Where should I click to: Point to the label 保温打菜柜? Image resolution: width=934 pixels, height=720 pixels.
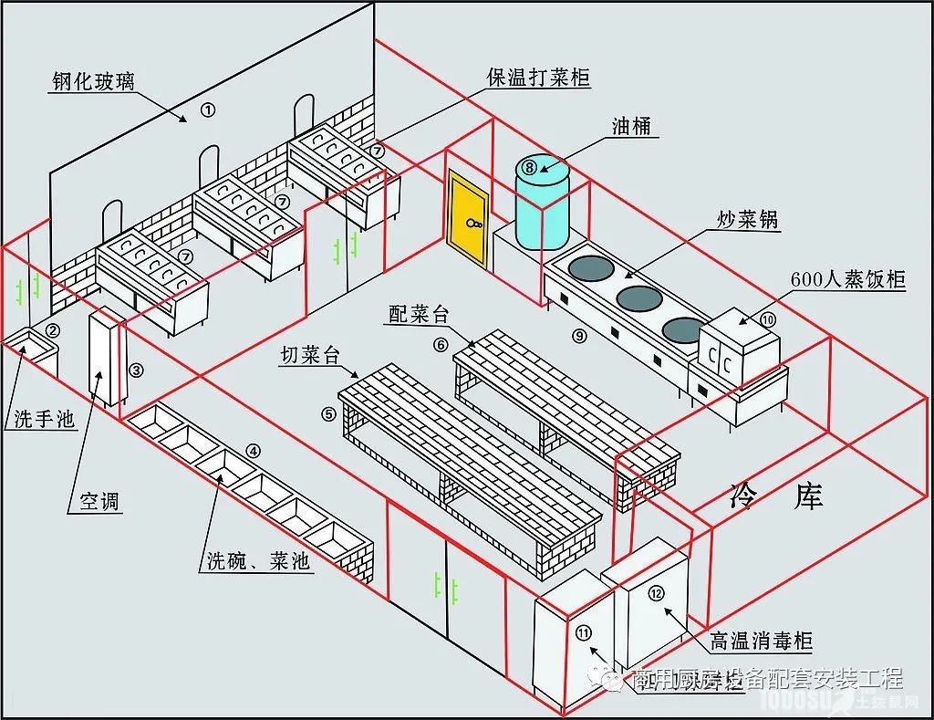point(538,78)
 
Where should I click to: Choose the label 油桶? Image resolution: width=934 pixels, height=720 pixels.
point(631,127)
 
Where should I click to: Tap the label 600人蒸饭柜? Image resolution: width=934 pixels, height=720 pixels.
point(848,279)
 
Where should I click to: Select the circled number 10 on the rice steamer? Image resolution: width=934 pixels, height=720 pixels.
point(767,319)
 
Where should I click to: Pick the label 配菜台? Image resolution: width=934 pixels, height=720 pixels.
point(419,315)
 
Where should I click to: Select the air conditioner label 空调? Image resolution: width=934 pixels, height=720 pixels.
point(100,501)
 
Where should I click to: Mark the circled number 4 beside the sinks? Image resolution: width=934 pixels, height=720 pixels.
point(254,450)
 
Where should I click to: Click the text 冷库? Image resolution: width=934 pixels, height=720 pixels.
point(777,496)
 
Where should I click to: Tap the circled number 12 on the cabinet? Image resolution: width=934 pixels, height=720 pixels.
point(657,593)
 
